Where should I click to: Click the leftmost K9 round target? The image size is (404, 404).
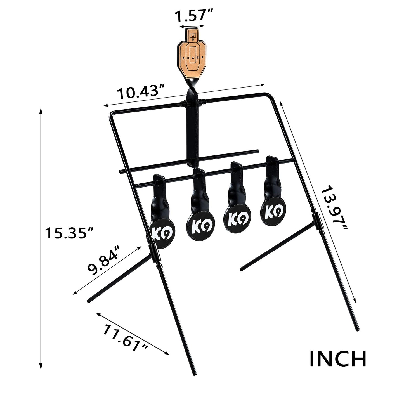tap(161, 233)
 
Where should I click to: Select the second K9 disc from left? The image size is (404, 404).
tap(200, 226)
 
